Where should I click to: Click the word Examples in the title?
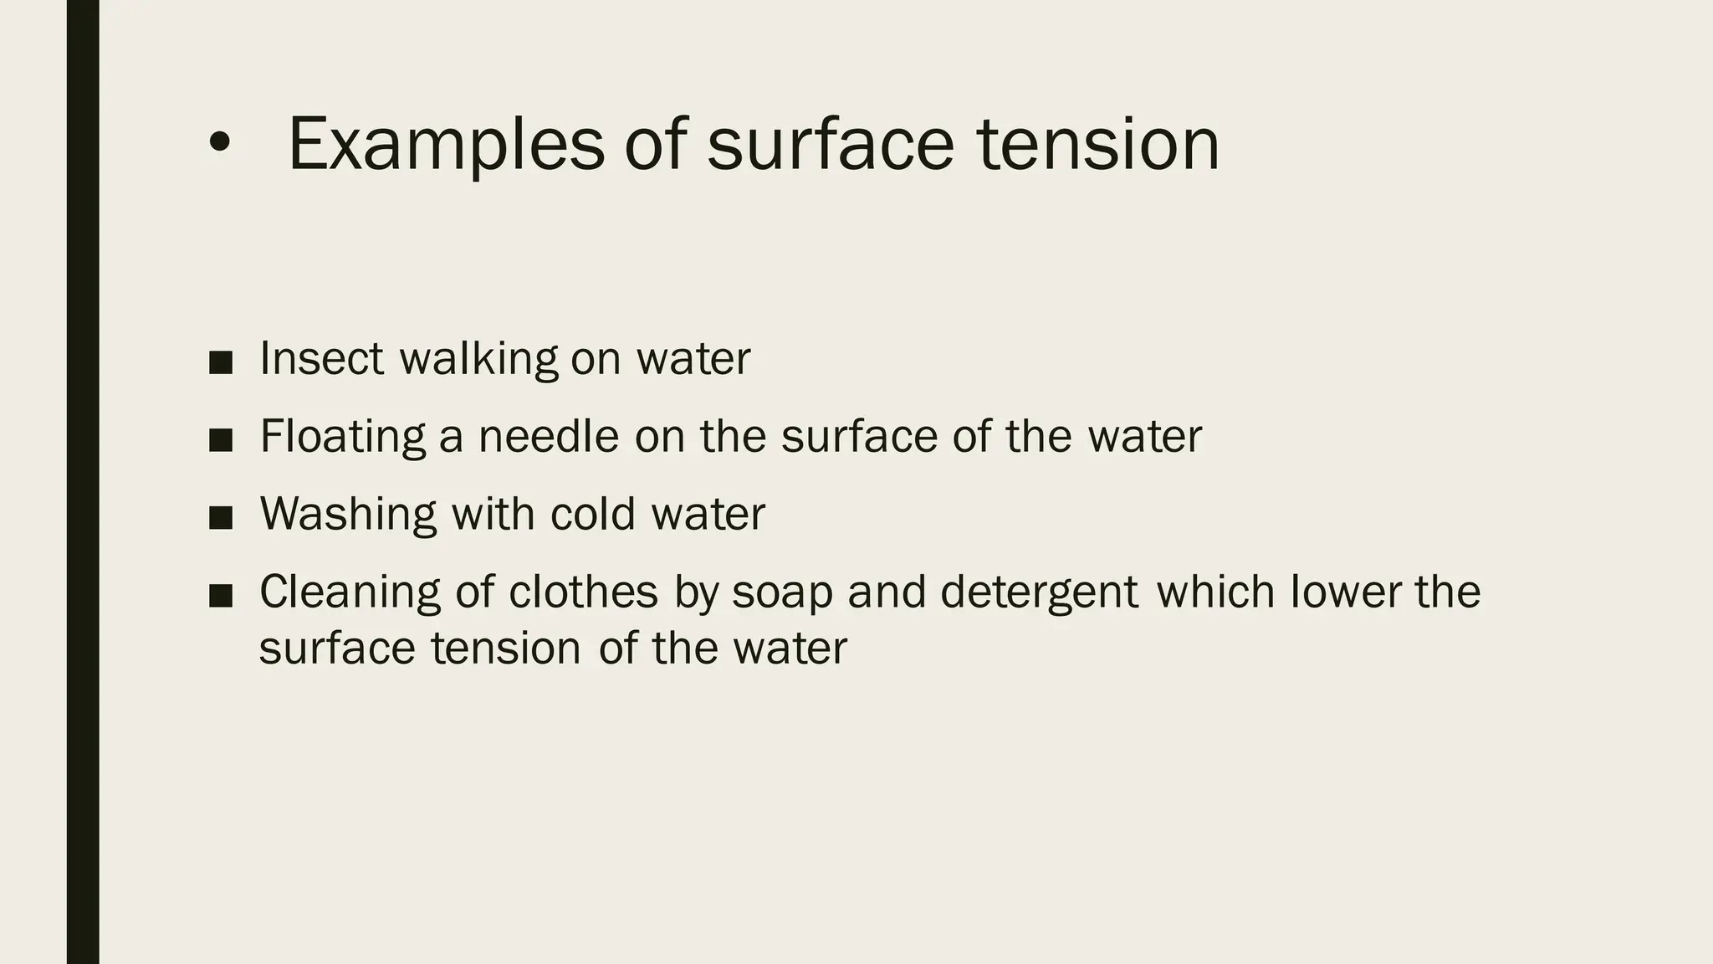coord(445,146)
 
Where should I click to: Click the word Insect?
coord(321,358)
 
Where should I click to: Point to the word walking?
coord(478,360)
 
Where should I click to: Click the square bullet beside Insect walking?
coord(221,362)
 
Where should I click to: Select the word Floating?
coord(343,437)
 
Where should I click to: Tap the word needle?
coord(548,437)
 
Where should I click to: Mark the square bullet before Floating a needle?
coord(221,440)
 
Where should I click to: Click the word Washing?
coord(348,514)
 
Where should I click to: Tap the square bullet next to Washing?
coord(221,518)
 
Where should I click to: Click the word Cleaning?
coord(350,592)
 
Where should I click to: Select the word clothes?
coord(584,592)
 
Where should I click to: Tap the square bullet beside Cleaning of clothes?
coord(221,596)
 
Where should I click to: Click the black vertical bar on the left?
coord(83,482)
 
